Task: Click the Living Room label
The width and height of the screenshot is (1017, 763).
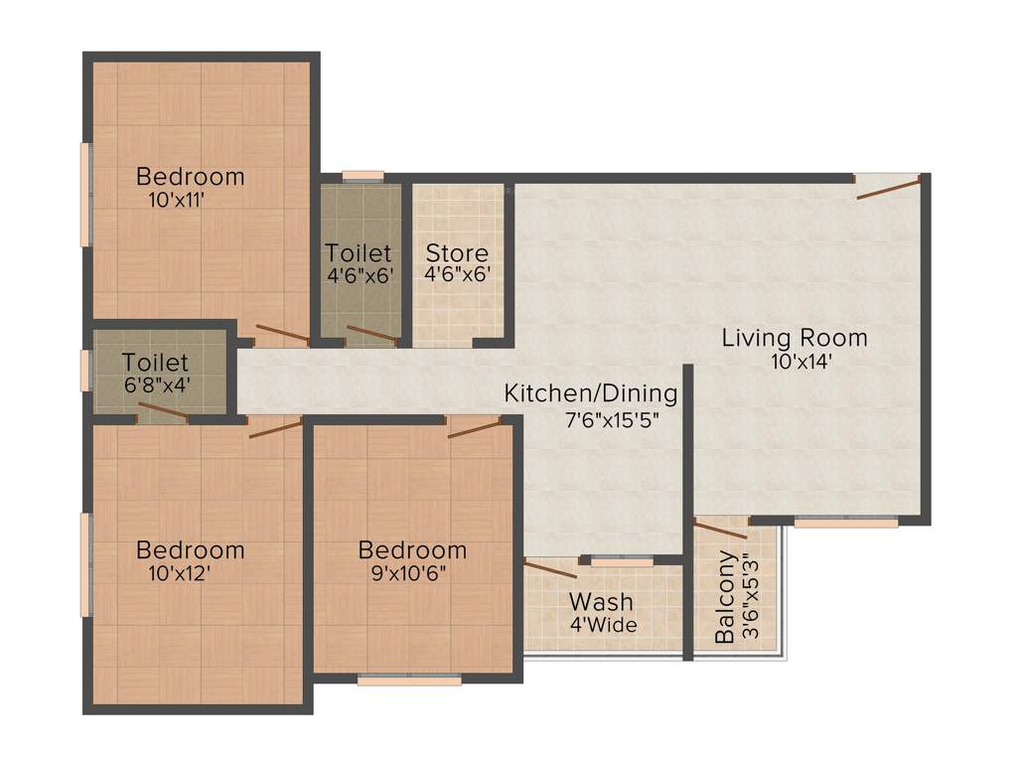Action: [x=794, y=338]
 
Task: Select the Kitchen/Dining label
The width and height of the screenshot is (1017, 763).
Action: [x=591, y=393]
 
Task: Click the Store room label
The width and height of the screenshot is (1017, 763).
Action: [x=457, y=253]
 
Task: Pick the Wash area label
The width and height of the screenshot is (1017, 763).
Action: [x=601, y=602]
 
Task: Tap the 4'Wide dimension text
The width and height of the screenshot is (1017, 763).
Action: [x=603, y=626]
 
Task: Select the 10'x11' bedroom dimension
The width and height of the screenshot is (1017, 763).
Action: [x=176, y=200]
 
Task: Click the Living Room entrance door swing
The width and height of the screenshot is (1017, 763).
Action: [x=888, y=188]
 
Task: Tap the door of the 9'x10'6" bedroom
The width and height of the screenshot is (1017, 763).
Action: [x=474, y=428]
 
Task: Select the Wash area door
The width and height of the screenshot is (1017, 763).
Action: [x=550, y=570]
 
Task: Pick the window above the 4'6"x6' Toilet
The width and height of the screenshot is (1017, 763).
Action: [x=363, y=177]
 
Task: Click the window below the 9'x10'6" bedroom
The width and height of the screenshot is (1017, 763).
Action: [x=409, y=681]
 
